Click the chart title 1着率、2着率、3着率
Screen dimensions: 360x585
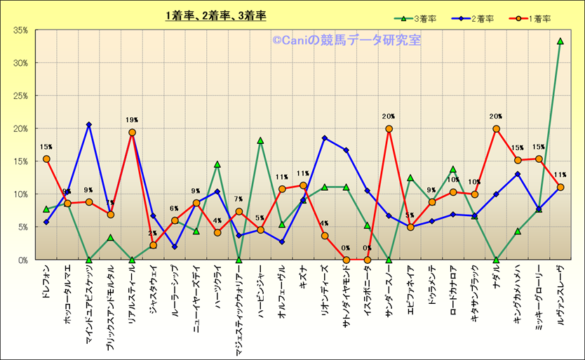(216, 15)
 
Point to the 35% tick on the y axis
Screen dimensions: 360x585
(19, 30)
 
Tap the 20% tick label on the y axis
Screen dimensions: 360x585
(19, 128)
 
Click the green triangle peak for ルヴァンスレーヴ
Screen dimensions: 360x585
(560, 41)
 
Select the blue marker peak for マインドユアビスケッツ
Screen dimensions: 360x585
(89, 125)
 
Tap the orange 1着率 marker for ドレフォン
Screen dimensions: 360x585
(46, 159)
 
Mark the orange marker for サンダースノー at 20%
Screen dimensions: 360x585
(389, 129)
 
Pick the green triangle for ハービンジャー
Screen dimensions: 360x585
(260, 140)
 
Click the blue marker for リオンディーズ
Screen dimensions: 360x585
(325, 138)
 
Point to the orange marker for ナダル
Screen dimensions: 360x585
(496, 129)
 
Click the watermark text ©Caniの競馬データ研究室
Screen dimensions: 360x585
(347, 40)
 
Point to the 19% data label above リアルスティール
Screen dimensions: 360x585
(132, 119)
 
